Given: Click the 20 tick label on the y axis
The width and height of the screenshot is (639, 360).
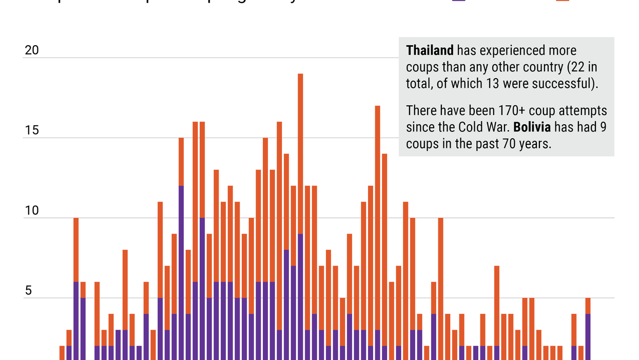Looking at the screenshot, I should coord(32,50).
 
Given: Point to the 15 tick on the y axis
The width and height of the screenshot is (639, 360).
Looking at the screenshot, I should coord(32,130).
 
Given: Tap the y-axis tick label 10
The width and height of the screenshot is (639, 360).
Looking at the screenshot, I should coord(32,211).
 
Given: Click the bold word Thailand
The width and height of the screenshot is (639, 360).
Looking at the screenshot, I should coord(430,50).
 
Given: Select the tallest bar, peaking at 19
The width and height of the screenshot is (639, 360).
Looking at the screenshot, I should coord(300,154).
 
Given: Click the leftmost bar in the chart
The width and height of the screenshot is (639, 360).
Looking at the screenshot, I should coord(62,353).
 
